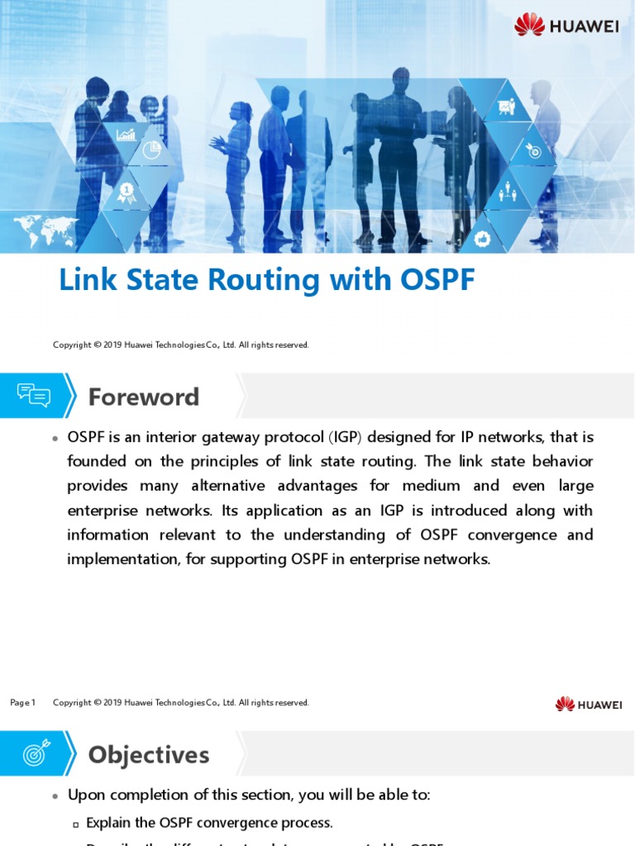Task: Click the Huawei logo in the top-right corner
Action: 566,25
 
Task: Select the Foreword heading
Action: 144,397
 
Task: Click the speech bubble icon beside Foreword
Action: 34,396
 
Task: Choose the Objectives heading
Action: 149,755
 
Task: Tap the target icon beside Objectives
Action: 36,753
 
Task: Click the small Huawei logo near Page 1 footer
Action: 588,704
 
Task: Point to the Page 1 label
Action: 22,703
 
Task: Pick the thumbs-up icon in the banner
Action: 483,238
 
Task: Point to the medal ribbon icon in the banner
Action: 127,193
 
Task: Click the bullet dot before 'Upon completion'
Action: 55,796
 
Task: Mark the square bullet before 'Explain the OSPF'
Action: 76,824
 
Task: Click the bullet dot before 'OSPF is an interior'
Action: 55,438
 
